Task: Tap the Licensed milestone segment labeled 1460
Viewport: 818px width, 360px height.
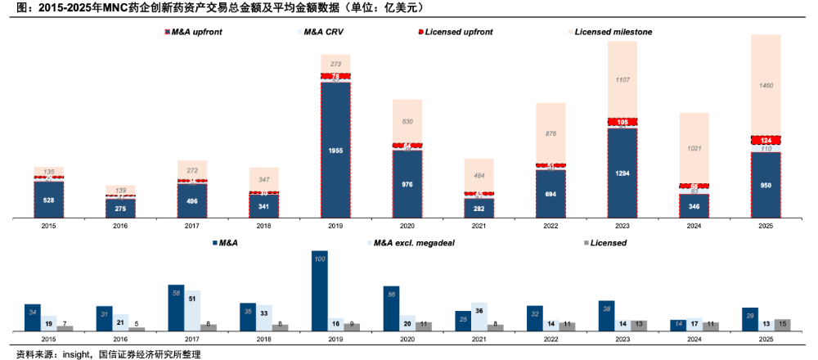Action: click(766, 85)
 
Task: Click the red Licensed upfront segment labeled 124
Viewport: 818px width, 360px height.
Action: click(766, 140)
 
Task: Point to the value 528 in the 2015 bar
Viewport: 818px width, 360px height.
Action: click(48, 200)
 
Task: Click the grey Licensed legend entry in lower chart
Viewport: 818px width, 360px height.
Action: click(605, 243)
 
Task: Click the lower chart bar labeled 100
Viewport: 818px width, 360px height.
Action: click(320, 290)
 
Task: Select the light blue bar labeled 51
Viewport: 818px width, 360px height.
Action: click(192, 310)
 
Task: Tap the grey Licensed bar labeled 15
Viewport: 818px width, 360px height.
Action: click(782, 325)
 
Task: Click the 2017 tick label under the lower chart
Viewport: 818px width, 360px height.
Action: click(192, 338)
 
